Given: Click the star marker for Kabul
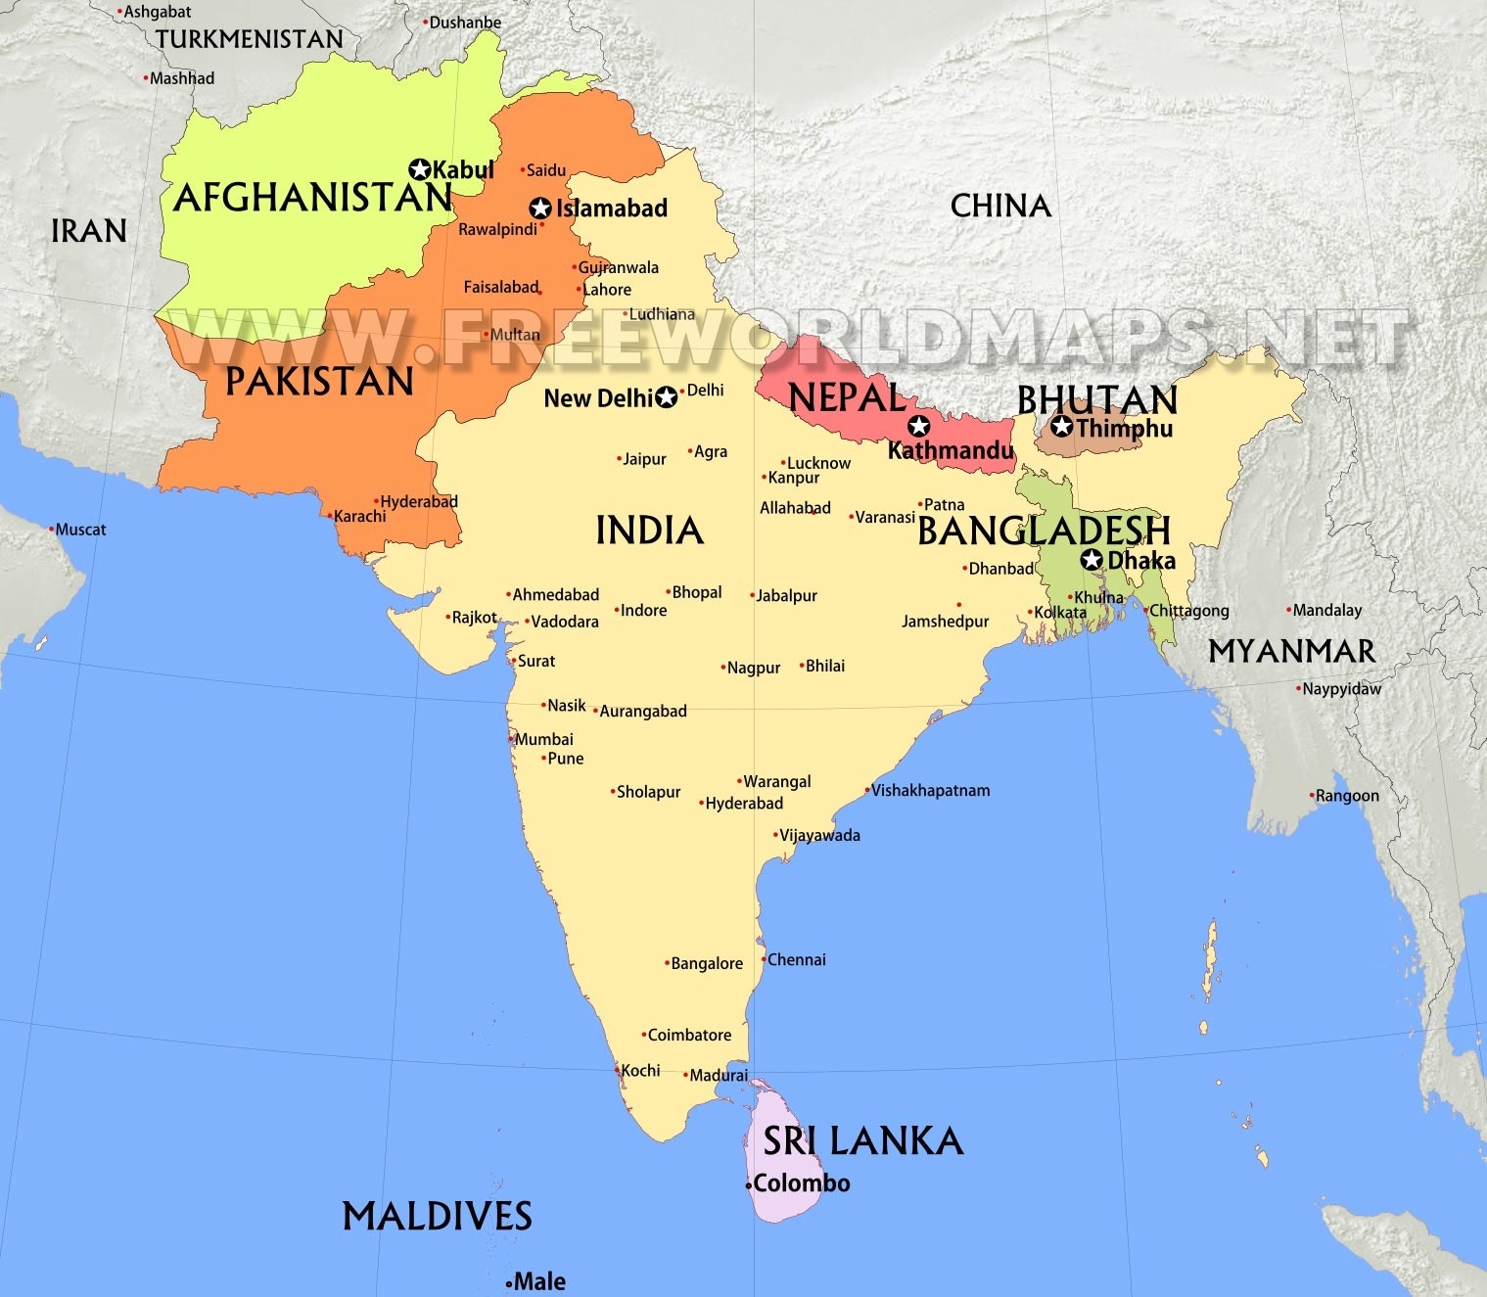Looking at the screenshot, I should [x=421, y=169].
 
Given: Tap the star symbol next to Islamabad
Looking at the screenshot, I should [x=539, y=208].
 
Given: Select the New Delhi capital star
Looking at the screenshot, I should [x=667, y=397].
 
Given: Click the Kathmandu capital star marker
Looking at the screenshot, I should [x=918, y=426].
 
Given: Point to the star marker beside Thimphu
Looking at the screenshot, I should [x=1062, y=427].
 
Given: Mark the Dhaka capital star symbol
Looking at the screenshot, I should [x=1092, y=560].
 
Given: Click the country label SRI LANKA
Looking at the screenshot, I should [x=862, y=1141].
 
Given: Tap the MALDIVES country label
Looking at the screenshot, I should [x=437, y=1217].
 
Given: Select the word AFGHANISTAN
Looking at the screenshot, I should [x=312, y=199].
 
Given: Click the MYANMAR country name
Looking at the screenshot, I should [x=1291, y=652].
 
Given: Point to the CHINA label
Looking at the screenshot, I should [x=1000, y=207].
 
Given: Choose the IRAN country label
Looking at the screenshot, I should [x=89, y=232].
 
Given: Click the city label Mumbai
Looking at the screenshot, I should [x=544, y=740].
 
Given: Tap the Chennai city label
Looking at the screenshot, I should [x=796, y=960].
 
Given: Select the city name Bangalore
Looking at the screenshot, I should [x=706, y=964].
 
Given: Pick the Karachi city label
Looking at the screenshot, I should [x=359, y=517].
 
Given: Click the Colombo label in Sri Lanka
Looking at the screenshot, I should [x=801, y=1183].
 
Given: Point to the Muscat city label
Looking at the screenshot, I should [x=80, y=530].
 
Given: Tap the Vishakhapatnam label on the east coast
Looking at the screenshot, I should [x=930, y=791].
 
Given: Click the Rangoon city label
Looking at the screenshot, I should [x=1347, y=796].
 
